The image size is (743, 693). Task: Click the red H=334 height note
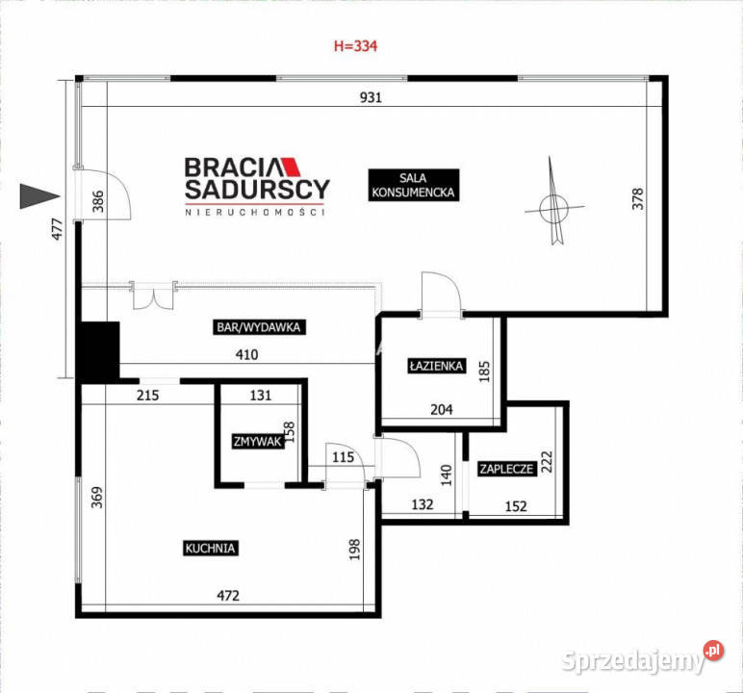[x=355, y=46]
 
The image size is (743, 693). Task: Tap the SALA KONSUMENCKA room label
[x=413, y=185]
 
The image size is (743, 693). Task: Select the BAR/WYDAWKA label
[x=259, y=327]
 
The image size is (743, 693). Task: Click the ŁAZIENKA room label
[x=436, y=366]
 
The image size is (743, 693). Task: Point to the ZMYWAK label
[x=257, y=442]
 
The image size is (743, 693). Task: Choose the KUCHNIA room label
[x=210, y=549]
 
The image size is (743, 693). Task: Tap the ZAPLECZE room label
[x=506, y=469]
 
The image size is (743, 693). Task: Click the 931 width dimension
[x=371, y=97]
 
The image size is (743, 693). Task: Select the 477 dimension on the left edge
[x=57, y=229]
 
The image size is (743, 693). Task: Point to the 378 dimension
[x=638, y=199]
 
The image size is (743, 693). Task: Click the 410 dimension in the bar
[x=247, y=354]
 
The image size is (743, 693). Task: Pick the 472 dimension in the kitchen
[x=228, y=596]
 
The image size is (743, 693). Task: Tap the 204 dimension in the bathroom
[x=441, y=409]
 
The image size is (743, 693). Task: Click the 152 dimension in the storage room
[x=516, y=506]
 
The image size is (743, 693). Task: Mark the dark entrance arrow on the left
[x=39, y=195]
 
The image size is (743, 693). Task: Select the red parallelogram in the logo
[x=291, y=167]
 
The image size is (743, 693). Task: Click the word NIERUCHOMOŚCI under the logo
[x=255, y=213]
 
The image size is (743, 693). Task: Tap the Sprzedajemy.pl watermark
[x=643, y=659]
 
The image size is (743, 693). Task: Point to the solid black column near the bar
[x=97, y=351]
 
